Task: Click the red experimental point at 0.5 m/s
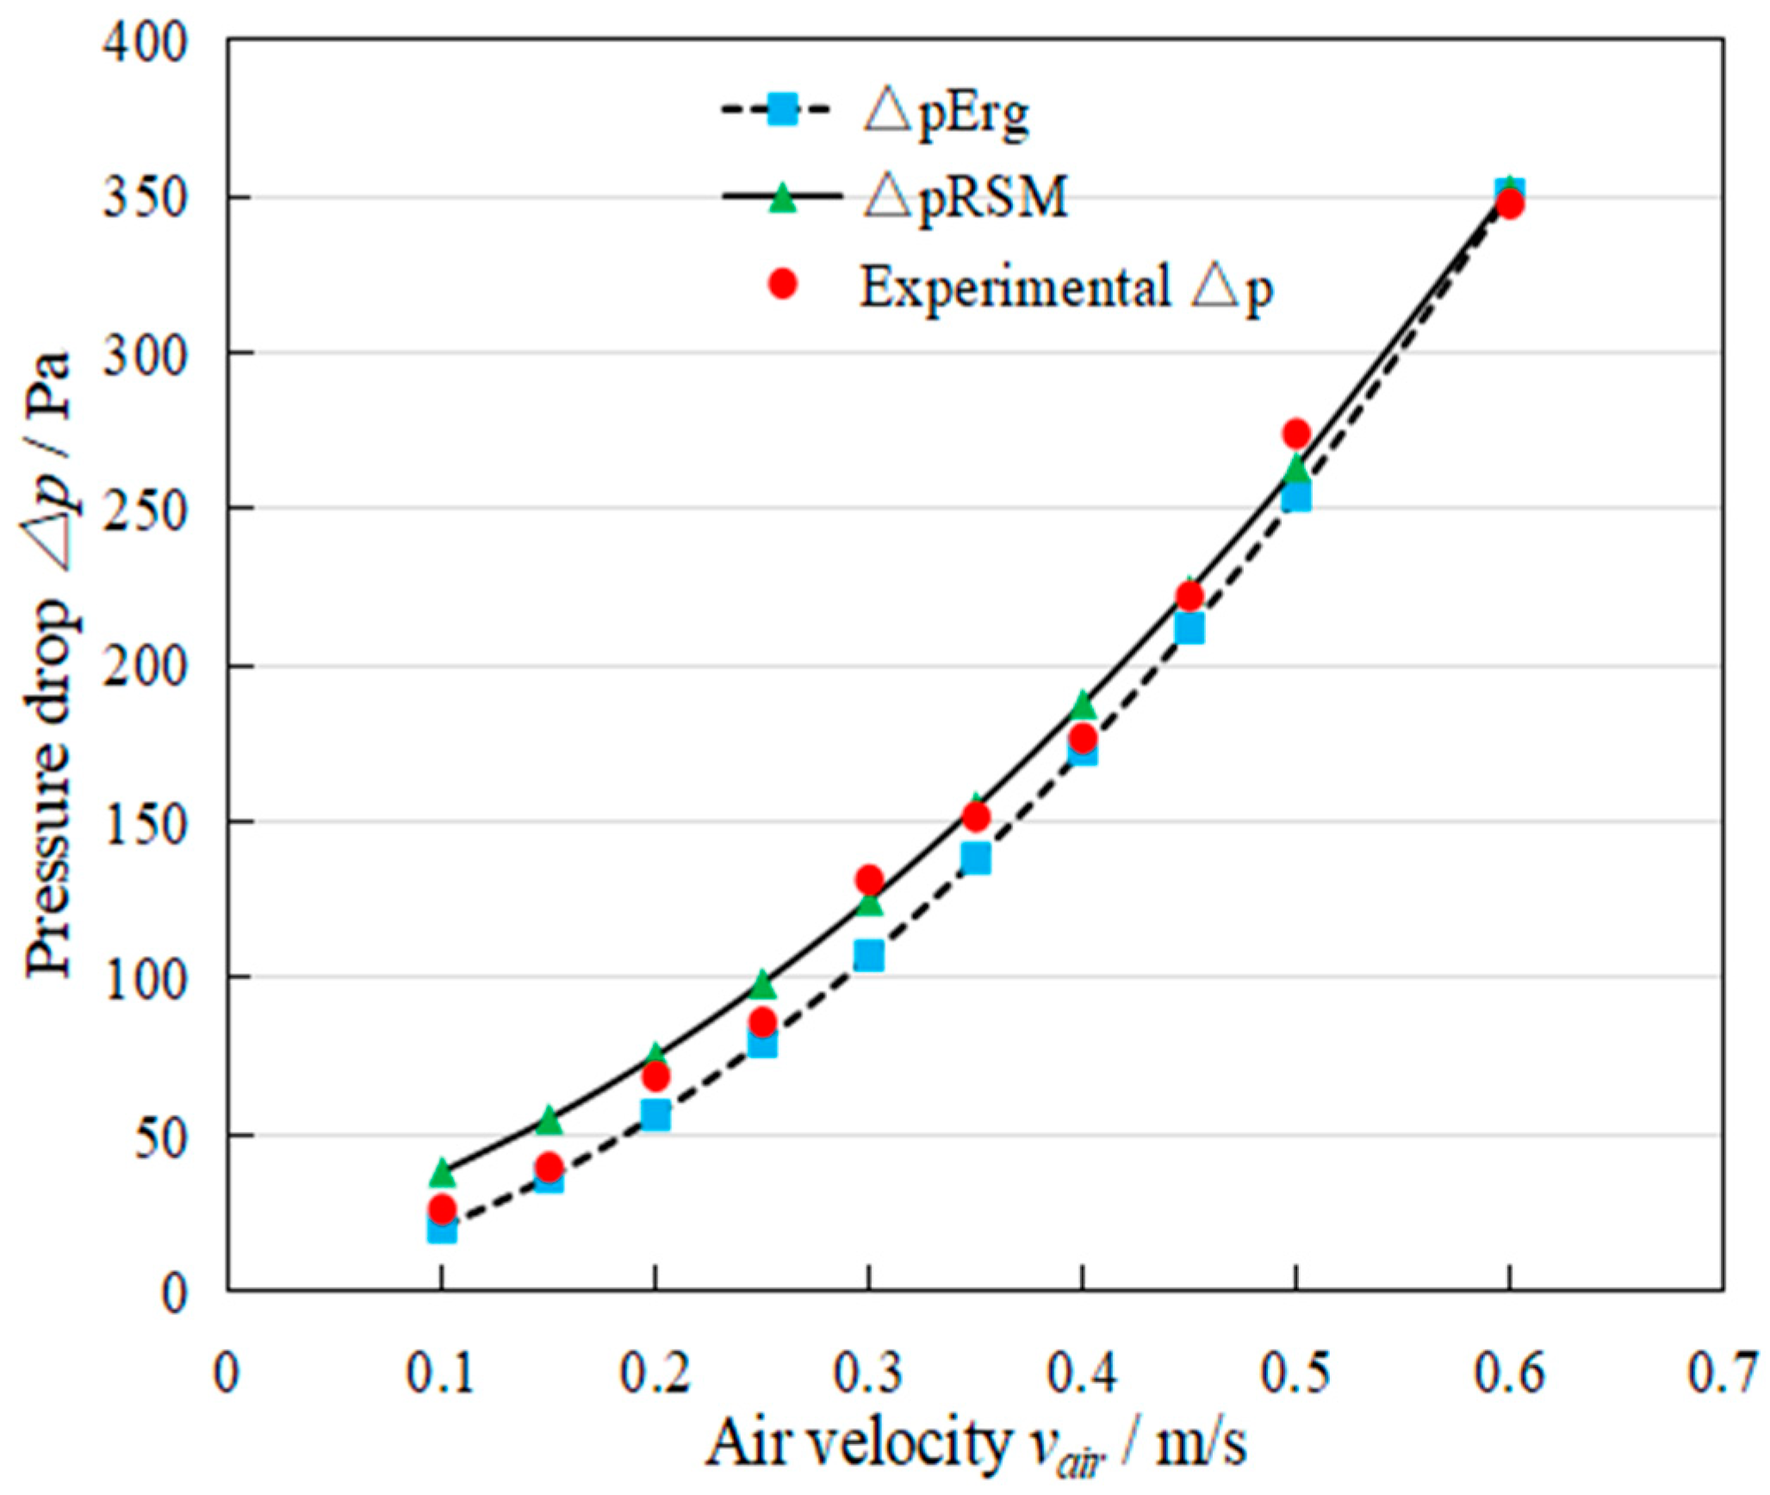[1295, 433]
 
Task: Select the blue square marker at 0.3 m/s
[868, 955]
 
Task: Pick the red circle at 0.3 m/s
[868, 879]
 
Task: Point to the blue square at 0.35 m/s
[975, 859]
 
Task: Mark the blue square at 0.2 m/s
[655, 1115]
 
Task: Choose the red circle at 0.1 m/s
[442, 1208]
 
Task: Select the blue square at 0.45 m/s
[1189, 629]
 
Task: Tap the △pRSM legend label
[965, 198]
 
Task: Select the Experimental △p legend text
[1065, 286]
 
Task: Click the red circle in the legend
[782, 284]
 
